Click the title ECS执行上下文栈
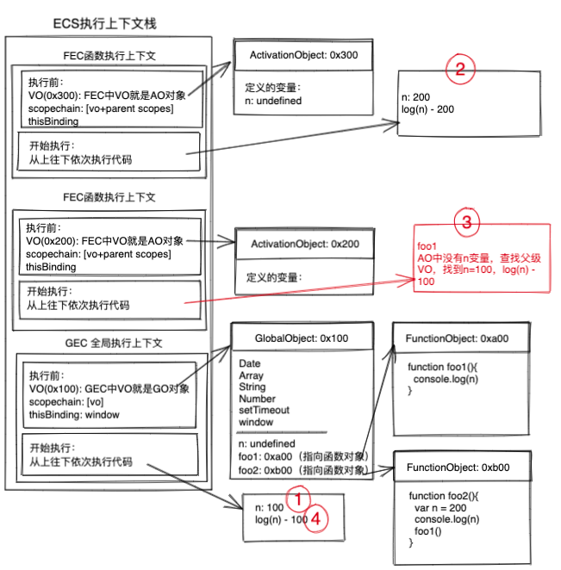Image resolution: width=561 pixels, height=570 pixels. tap(104, 23)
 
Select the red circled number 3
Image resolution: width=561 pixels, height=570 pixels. tap(467, 224)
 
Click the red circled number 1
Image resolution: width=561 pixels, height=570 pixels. tap(298, 500)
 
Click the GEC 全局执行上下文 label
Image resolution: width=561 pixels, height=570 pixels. tap(109, 343)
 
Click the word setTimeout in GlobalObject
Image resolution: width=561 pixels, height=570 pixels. tap(265, 411)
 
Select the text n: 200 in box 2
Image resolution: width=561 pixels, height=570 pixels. tap(417, 98)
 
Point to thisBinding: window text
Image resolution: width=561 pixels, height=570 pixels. tap(73, 414)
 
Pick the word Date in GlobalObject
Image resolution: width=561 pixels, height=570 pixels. tap(249, 364)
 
